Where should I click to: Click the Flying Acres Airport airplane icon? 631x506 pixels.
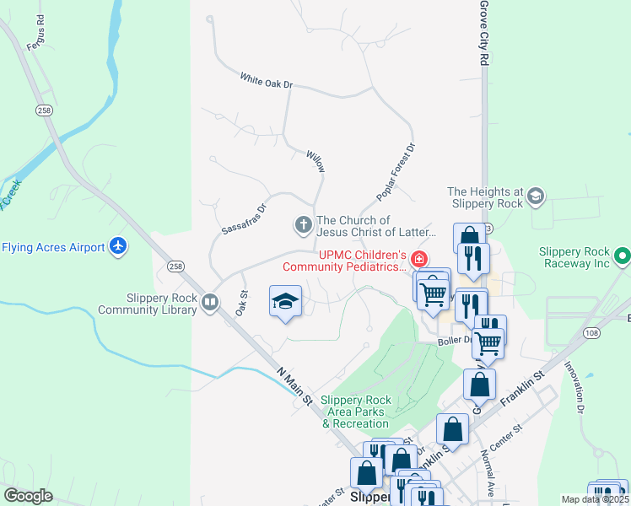coord(119,246)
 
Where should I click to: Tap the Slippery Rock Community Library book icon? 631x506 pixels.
coord(210,301)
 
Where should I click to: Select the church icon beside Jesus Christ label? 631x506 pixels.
coord(303,225)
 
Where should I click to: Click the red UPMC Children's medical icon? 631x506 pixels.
coord(418,257)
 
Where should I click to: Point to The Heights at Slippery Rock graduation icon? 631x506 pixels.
coord(534,197)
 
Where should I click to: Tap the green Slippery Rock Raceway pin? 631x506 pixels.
coord(623,254)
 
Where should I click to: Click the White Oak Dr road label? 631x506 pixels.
coord(266,82)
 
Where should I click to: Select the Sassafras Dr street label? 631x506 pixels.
coord(244,218)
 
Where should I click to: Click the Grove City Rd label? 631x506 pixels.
coord(484,34)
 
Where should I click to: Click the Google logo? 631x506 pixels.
coord(28,496)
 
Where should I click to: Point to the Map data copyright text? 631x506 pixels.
coord(596,499)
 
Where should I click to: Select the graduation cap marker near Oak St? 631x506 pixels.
coord(285,301)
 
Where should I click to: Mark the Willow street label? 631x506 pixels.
coord(315,160)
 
